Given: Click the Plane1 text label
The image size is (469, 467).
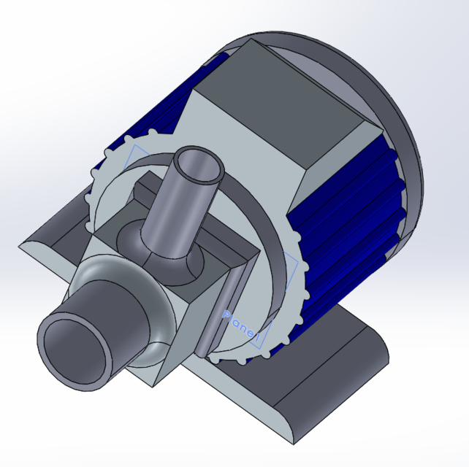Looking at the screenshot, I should pyautogui.click(x=240, y=324).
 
